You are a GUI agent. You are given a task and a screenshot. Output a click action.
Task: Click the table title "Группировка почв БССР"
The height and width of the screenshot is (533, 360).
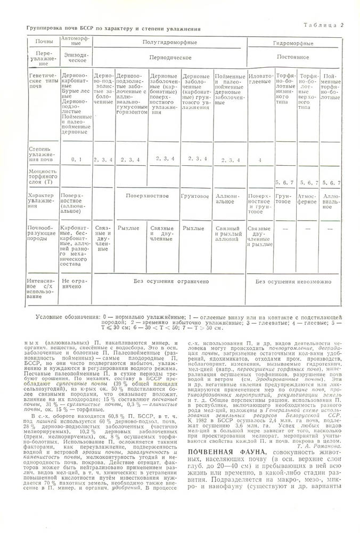pos(111,28)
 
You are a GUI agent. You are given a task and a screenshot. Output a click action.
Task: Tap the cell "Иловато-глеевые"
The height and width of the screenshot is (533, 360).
pos(260,79)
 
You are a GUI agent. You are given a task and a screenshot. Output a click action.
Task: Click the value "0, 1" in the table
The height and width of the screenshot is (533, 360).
pos(76,159)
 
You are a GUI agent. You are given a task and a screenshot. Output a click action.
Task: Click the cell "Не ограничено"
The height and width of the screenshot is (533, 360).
pos(75,283)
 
